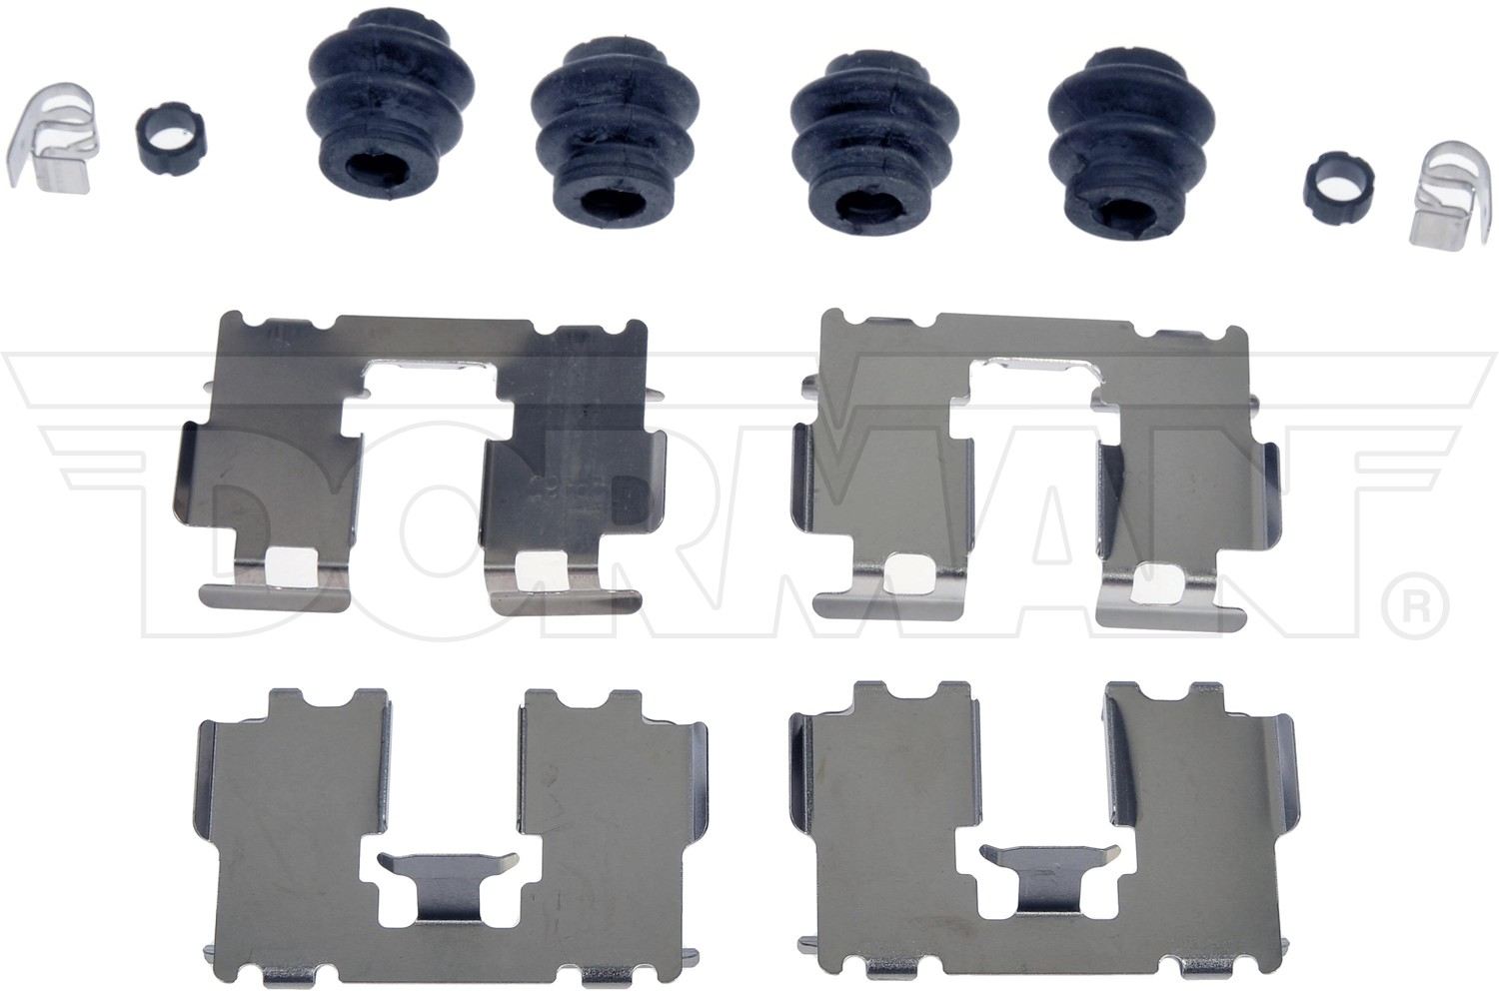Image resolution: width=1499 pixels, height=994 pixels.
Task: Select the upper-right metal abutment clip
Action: click(1029, 470)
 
